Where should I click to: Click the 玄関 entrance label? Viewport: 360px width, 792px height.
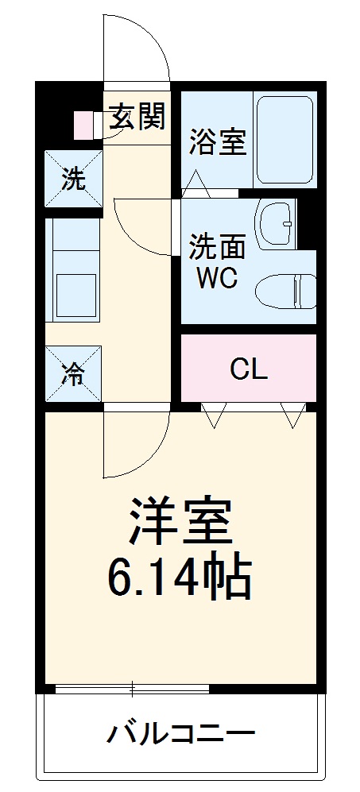137,118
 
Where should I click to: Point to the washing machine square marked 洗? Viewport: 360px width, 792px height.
73,180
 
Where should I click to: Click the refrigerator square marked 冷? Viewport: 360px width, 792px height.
73,373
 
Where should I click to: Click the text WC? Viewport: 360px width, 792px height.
217,280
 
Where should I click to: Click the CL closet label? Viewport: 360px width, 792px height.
249,369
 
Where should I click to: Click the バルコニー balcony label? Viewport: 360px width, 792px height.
180,733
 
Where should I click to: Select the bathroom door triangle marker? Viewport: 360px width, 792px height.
196,185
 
